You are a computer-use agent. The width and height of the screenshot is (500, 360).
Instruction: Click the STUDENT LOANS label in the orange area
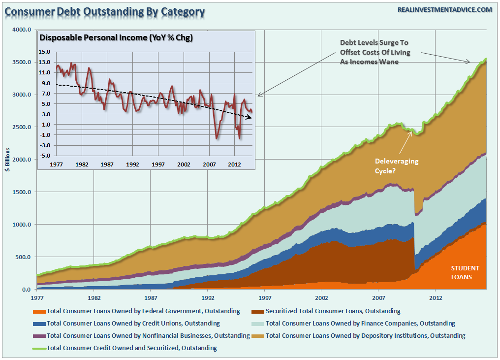point(465,272)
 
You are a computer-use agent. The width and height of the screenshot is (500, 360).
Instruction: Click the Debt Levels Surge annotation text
point(375,52)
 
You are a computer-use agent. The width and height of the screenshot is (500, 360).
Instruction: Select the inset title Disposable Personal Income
point(116,38)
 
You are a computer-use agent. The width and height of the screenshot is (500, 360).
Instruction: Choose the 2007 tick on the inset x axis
point(210,164)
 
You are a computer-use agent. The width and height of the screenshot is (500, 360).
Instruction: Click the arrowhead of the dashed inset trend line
point(250,117)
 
